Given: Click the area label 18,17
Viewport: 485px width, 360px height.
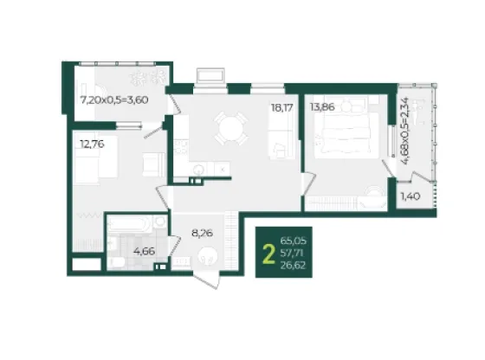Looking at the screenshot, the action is point(281,108).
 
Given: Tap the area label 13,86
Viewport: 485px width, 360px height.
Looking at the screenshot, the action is point(322,107).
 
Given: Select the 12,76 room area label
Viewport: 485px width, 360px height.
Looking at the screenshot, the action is point(92,144).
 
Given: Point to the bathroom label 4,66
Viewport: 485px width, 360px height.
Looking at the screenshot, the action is point(144,251).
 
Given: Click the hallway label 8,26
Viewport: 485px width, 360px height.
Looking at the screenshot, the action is point(203,233).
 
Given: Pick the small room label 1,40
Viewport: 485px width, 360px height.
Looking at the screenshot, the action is point(411,196).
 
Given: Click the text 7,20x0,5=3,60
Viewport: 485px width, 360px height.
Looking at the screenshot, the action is point(114,100).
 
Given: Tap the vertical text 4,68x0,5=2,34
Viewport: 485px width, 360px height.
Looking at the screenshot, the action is point(404,132).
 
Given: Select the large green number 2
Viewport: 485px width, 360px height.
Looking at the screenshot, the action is point(268,254).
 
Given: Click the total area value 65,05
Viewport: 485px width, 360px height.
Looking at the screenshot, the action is point(293,241).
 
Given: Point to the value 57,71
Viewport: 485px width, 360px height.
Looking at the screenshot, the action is point(292,253).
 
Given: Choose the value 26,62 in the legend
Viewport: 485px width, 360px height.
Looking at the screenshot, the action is point(293,266).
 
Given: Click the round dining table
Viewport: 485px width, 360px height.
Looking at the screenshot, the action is point(231,128).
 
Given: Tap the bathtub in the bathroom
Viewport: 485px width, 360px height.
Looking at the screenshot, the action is point(129,224).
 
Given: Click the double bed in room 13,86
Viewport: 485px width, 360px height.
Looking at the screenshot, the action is point(346,131).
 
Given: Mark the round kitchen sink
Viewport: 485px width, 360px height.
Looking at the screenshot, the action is point(198,169).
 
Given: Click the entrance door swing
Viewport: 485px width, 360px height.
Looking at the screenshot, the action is point(208,279).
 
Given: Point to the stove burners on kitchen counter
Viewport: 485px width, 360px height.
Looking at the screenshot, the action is point(180,147).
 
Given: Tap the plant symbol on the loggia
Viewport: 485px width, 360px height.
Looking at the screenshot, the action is point(147,77).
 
